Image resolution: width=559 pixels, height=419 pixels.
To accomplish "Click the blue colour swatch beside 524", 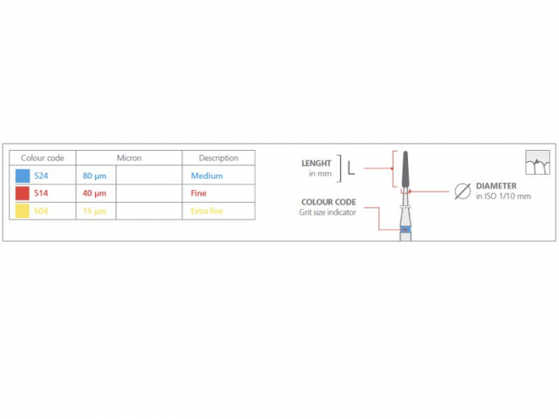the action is click(x=22, y=176).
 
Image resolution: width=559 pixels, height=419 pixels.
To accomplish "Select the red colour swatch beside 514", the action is click(x=22, y=193).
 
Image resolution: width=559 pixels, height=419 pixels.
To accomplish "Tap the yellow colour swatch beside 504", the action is click(x=22, y=211).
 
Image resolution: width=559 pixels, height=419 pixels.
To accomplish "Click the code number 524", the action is click(x=42, y=176).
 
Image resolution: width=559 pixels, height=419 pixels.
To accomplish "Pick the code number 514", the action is click(x=42, y=193).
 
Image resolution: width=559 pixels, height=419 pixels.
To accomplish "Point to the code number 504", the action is click(x=42, y=211).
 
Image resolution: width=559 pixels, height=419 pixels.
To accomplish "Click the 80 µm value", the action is click(x=93, y=176).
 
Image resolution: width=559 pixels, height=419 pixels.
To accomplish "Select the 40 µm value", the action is click(x=93, y=193).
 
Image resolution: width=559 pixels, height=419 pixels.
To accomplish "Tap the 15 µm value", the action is click(x=93, y=211).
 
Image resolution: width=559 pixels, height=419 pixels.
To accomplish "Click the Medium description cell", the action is click(x=207, y=176).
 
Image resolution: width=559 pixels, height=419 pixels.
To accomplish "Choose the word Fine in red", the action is click(x=199, y=193).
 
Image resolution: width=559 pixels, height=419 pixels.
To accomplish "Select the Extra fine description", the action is click(x=207, y=211).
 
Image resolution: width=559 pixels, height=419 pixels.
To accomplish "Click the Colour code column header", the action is click(x=42, y=158).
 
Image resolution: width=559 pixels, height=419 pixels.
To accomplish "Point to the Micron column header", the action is click(x=129, y=158).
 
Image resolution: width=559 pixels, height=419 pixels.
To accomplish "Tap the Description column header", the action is click(x=219, y=158).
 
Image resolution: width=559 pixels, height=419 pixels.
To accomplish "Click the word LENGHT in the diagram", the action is click(x=316, y=164).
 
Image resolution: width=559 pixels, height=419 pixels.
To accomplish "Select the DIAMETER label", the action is click(x=496, y=186).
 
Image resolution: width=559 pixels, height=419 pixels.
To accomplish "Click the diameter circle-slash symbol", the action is click(x=462, y=191).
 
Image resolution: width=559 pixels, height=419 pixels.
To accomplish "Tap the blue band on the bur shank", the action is click(x=406, y=229).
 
